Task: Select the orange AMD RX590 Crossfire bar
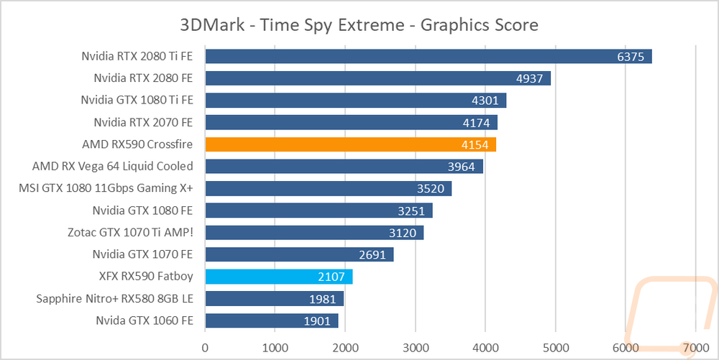pos(350,144)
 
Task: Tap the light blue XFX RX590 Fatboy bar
pos(278,277)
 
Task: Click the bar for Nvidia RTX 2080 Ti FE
pos(428,56)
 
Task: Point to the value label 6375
pos(631,56)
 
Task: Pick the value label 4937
pos(530,78)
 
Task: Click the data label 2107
pos(331,277)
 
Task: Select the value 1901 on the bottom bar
pos(317,320)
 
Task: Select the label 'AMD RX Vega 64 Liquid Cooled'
pos(113,166)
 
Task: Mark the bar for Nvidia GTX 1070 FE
pos(299,254)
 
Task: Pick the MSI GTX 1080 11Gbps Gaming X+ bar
pos(328,188)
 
